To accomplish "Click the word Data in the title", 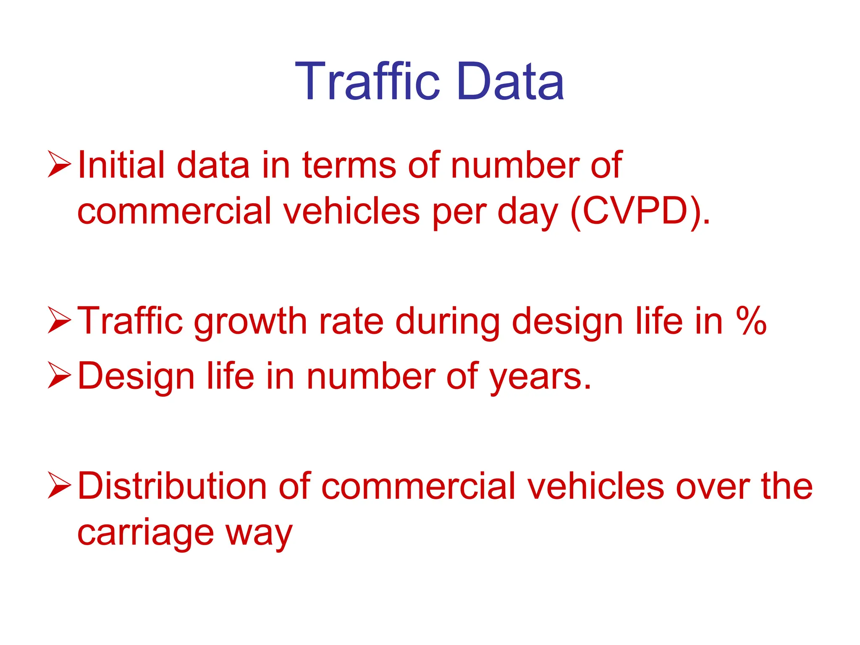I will tap(511, 81).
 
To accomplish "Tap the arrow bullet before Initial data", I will tap(59, 164).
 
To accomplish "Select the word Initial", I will tap(121, 165).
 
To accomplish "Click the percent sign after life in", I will tap(751, 321).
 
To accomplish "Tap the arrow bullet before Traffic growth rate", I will tap(59, 320).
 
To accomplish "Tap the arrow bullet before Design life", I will tap(59, 375).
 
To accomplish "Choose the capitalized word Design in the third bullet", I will tap(136, 377).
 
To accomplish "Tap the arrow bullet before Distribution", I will tap(59, 485).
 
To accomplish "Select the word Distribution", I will tap(172, 486).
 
